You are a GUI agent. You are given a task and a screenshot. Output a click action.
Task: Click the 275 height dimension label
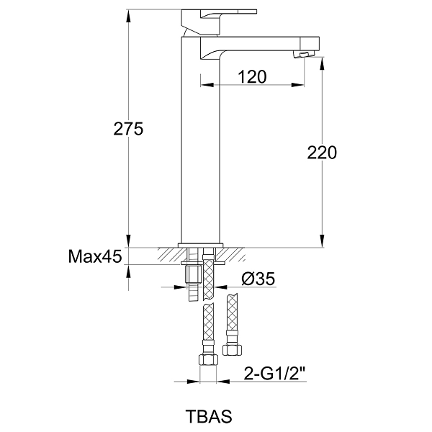[x=128, y=129]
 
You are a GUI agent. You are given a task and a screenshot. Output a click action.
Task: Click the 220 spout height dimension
[x=322, y=153]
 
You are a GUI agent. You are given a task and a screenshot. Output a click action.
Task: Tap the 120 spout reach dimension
[x=252, y=76]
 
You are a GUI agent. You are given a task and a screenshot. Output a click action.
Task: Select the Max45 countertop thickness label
[x=95, y=256]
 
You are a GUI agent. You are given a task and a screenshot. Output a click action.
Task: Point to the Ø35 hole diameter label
[x=258, y=279]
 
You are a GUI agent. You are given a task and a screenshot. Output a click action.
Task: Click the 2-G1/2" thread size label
[x=275, y=374]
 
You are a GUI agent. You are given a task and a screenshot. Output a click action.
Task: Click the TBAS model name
[x=209, y=416]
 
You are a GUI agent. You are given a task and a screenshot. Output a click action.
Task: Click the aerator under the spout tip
[x=303, y=54]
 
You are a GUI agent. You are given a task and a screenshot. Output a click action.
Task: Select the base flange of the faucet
[x=200, y=245]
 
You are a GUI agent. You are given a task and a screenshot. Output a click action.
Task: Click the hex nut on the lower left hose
[x=208, y=359]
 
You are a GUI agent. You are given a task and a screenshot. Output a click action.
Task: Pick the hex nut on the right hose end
[x=233, y=350]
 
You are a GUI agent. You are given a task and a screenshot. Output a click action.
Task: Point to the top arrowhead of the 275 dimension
[x=128, y=17]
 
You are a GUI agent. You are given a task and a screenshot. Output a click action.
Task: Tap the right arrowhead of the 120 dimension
[x=298, y=85]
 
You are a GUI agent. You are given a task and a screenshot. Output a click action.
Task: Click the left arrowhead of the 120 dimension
[x=207, y=85]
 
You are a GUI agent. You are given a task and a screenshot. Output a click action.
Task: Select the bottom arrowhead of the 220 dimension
[x=322, y=240]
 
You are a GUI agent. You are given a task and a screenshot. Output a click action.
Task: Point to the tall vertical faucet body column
[x=200, y=140]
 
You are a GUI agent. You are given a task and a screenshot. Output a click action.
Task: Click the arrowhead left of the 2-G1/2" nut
[x=192, y=382]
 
